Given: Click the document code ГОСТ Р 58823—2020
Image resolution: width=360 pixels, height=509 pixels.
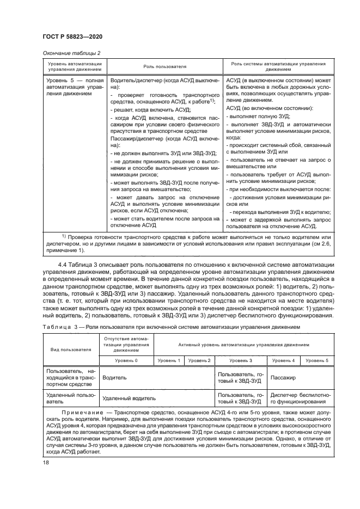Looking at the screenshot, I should tap(72, 36).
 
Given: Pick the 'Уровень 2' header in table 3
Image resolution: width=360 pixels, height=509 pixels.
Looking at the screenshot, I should tap(199, 360).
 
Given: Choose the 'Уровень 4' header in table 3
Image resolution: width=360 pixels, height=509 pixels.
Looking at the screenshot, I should tap(283, 360).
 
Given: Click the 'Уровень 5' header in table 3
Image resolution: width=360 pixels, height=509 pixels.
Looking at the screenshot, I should tap(316, 360).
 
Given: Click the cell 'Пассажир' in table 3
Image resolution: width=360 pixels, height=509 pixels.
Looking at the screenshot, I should tap(283, 376).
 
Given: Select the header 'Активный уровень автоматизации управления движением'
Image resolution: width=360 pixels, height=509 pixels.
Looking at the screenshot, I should tap(243, 345).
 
